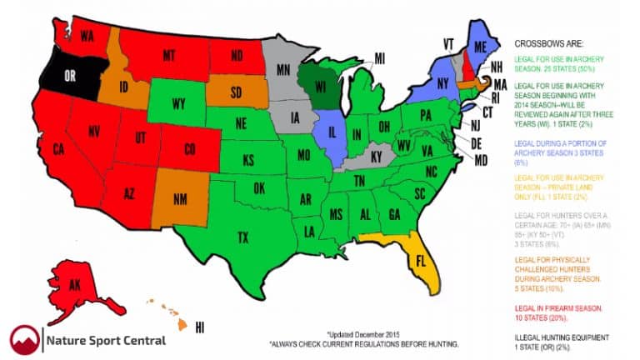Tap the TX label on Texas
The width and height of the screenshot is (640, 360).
coord(242,237)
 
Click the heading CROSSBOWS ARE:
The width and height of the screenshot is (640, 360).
coord(549,42)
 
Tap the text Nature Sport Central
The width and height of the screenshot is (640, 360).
coord(106,340)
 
